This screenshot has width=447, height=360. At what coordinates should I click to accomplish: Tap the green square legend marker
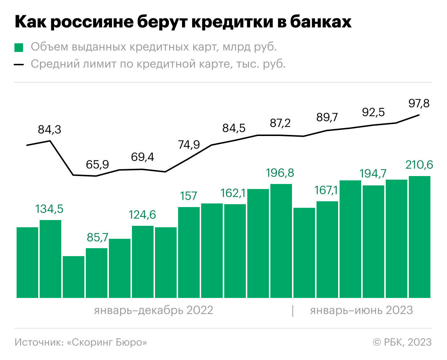[x=19, y=48]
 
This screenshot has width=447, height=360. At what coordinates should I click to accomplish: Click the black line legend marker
[x=19, y=65]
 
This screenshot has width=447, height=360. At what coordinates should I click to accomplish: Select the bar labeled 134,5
[x=50, y=259]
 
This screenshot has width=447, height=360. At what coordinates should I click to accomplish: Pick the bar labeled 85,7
[x=97, y=273]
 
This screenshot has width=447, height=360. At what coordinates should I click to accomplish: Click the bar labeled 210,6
[x=420, y=237]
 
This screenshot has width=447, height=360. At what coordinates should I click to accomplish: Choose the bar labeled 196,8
[x=281, y=241]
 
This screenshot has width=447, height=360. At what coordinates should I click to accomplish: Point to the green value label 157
[x=189, y=196]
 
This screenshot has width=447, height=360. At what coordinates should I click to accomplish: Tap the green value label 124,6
[x=142, y=215]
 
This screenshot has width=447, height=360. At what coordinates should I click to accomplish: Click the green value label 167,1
[x=326, y=190]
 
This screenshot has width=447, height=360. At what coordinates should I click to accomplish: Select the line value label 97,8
[x=419, y=104]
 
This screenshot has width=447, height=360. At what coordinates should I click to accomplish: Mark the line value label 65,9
[x=97, y=164]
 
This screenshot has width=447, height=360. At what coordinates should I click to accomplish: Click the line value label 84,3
[x=50, y=129]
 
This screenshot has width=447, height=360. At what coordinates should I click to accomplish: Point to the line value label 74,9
[x=189, y=145]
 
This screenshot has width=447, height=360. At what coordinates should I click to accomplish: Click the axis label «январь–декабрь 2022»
[x=154, y=310]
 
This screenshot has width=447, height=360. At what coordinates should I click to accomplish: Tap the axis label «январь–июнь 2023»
[x=361, y=310]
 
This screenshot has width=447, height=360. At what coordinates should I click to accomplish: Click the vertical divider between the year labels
[x=293, y=311]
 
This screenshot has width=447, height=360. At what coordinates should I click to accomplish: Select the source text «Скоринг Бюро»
[x=107, y=342]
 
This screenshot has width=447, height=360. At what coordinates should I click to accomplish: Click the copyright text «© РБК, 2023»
[x=402, y=342]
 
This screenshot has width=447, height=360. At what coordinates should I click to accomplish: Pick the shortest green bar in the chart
[x=74, y=277]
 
